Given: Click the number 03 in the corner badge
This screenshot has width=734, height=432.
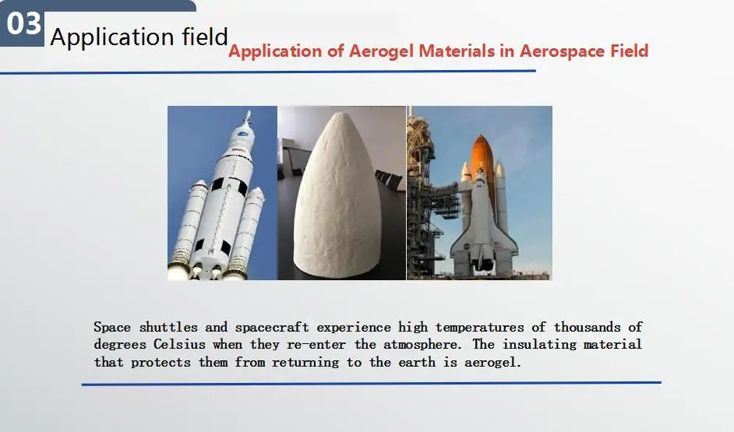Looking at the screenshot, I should click(23, 23).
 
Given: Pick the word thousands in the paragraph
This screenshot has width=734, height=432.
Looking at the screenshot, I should click(589, 327).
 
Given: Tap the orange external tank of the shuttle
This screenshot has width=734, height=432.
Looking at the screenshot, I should click(482, 156).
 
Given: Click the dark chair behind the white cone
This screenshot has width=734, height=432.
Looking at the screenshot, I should click(389, 178).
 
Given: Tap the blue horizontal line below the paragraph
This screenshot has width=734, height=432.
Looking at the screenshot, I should click(371, 383).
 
